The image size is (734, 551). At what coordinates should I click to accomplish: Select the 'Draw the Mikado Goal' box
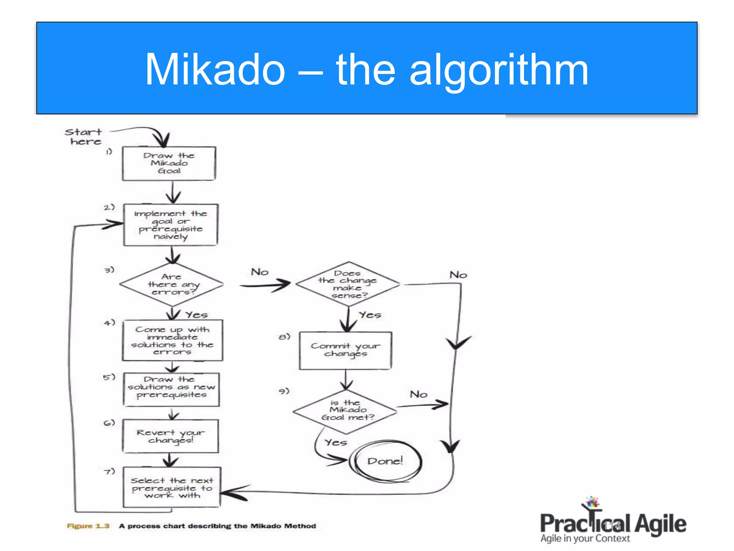pos(169,163)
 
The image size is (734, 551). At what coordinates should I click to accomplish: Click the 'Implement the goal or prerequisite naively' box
pos(171,225)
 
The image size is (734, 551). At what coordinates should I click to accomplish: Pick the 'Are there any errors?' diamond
pos(172,284)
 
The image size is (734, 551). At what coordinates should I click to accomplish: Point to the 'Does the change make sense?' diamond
pos(348,284)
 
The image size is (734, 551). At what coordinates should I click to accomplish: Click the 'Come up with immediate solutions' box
pos(172,340)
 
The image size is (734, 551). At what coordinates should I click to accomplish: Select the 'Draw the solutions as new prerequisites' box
pos(172,389)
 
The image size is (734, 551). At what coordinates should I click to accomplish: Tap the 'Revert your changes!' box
pos(171,436)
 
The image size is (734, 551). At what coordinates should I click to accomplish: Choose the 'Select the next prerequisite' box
pos(172,487)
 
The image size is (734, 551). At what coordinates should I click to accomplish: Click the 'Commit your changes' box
pos(345,350)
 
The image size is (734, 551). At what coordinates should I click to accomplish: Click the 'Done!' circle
pos(385,461)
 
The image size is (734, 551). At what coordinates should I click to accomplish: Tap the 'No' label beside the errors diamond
pos(259,272)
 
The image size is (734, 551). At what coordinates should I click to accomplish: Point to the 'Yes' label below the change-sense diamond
pos(370,315)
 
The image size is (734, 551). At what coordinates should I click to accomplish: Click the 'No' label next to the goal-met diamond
pos(418,394)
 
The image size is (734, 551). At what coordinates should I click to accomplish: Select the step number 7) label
pos(109,471)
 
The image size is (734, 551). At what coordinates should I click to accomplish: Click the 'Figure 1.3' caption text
pos(88,526)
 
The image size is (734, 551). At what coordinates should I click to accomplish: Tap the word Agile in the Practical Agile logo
pos(660,524)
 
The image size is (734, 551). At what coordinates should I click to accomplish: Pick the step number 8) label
pos(284,336)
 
